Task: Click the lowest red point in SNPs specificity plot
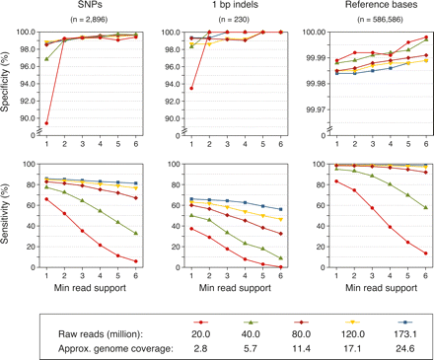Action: coord(46,123)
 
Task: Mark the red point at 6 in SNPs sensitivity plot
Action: coord(134,261)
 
